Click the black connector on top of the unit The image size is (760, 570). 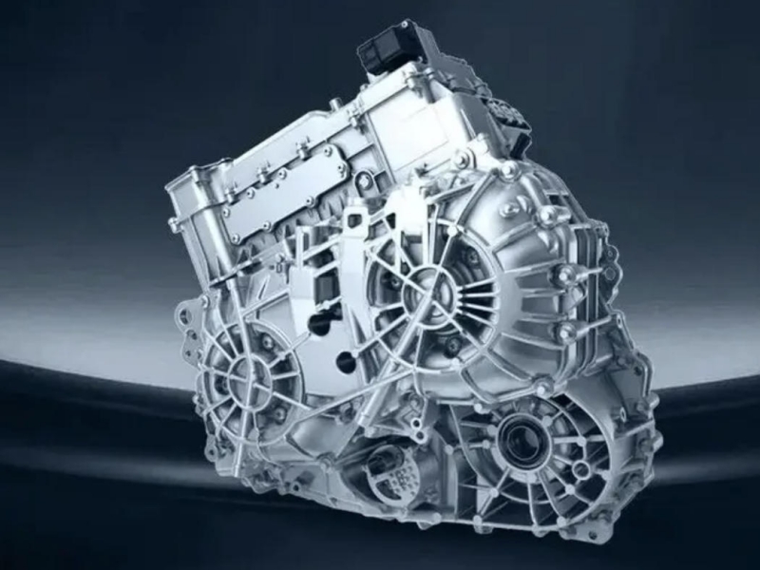click(390, 44)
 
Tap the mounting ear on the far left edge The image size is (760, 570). click(180, 318)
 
